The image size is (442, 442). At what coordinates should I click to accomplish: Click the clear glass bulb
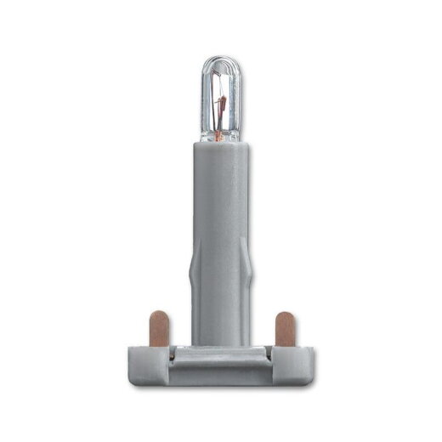(x=220, y=98)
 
